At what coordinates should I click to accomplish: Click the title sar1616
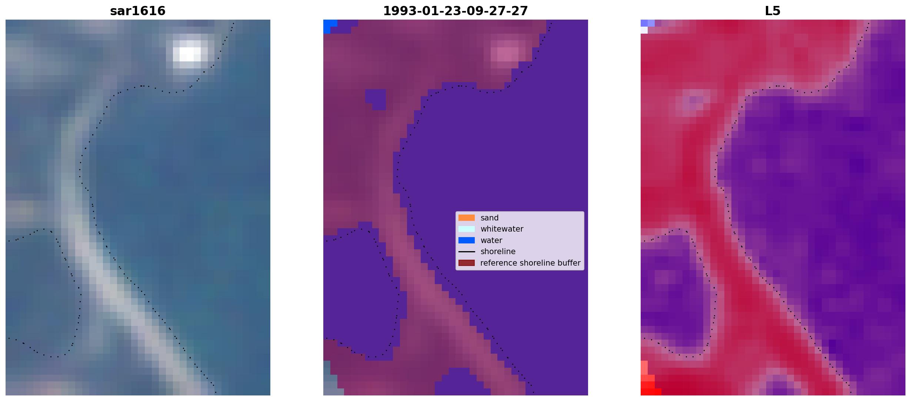138,11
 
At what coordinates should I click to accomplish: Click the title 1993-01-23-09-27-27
455,11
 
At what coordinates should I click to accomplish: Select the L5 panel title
773,11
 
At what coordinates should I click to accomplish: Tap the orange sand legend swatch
467,218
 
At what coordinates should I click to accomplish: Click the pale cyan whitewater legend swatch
467,229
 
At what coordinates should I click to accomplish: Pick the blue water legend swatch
467,240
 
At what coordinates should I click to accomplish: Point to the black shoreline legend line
467,252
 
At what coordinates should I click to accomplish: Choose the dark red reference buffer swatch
467,263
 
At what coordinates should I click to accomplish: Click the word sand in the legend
490,218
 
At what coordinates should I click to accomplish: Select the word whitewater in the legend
502,229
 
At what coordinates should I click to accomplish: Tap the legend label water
491,240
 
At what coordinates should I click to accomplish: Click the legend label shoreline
498,252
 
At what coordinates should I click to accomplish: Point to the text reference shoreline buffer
530,263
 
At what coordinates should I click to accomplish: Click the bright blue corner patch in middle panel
329,26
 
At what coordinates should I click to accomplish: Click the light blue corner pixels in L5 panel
647,25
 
